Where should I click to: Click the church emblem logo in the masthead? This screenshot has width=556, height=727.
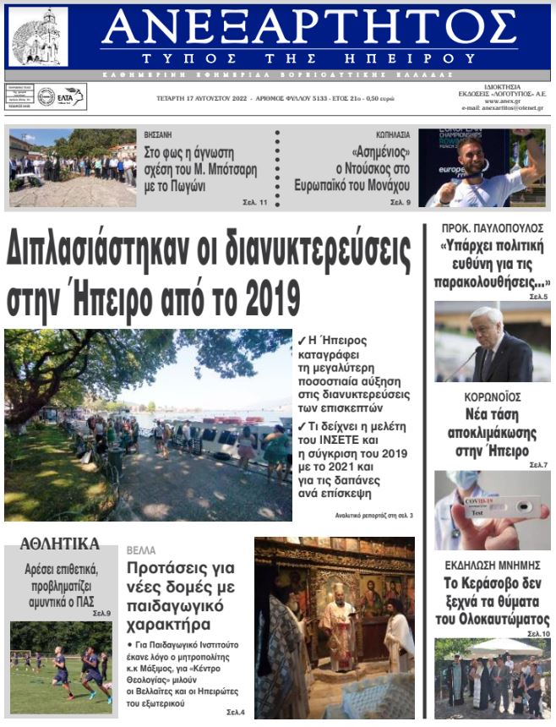[38, 36]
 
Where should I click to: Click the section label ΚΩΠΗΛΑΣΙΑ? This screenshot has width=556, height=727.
[393, 134]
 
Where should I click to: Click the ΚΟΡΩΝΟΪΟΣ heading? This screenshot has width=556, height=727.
[492, 397]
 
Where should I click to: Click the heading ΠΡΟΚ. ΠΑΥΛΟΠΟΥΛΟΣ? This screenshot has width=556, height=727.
[492, 228]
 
